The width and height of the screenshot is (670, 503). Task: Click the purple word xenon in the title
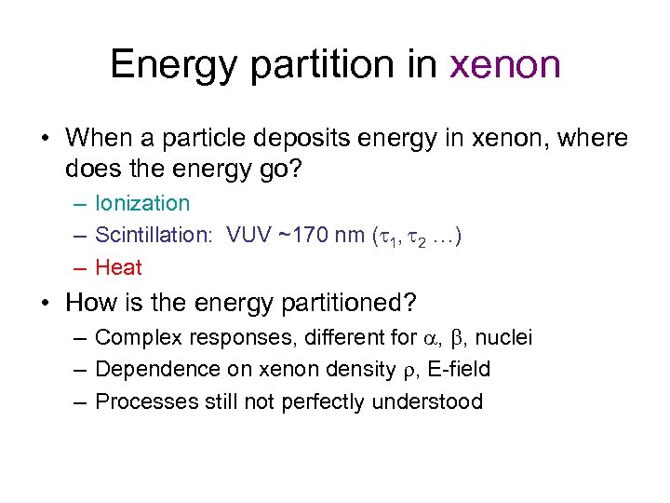(x=505, y=65)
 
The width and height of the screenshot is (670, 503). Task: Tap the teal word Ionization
(x=142, y=203)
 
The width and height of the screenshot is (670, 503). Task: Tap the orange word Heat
(x=118, y=268)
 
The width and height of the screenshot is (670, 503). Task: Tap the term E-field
(x=458, y=369)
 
